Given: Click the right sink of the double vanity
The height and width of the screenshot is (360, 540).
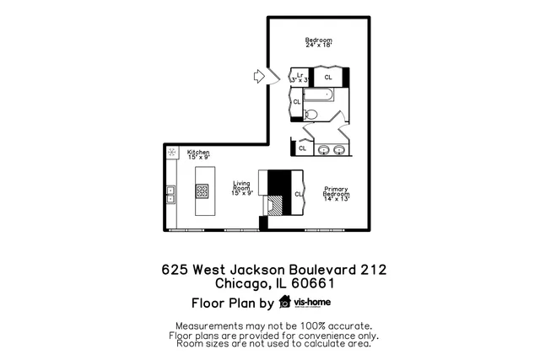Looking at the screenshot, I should (x=339, y=150).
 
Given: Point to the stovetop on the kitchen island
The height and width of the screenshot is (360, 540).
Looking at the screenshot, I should (x=202, y=191).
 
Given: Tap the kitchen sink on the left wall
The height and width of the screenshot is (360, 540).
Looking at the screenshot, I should (x=170, y=195).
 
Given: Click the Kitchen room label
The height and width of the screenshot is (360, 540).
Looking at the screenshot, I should (x=186, y=153).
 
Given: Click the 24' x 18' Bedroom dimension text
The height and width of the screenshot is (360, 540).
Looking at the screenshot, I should (x=318, y=46).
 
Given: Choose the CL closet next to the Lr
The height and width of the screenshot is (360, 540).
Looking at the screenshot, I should (x=327, y=76).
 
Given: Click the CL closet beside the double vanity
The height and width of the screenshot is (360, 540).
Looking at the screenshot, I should (x=303, y=149).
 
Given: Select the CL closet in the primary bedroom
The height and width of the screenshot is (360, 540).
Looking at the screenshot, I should (x=298, y=194).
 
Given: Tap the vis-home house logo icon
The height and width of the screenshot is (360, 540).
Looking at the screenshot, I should (x=284, y=302).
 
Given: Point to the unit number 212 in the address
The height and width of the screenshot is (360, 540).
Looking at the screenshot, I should (x=371, y=270).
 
